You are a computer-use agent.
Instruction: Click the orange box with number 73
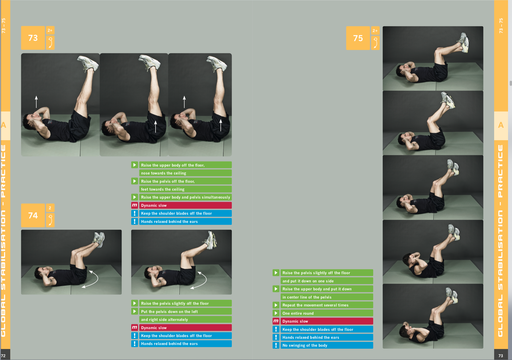click(x=33, y=38)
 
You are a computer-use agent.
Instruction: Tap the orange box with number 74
click(x=33, y=216)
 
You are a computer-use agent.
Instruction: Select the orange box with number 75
click(x=358, y=38)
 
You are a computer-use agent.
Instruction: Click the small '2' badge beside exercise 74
click(x=50, y=208)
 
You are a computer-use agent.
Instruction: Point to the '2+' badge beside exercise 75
click(x=375, y=31)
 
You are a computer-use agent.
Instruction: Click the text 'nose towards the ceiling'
click(x=163, y=173)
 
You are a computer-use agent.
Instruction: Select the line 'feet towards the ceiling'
click(x=163, y=189)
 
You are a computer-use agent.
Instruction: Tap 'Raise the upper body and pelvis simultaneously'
click(x=186, y=197)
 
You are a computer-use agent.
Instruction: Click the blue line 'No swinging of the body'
click(x=305, y=345)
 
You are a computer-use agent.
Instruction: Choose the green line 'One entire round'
click(x=298, y=313)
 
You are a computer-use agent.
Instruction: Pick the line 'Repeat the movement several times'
click(x=315, y=305)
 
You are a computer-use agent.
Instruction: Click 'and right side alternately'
click(x=164, y=319)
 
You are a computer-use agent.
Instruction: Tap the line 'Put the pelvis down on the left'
click(x=169, y=312)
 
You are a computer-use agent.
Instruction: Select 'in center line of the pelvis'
click(x=307, y=297)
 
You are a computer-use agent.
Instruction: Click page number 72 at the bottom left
click(x=3, y=356)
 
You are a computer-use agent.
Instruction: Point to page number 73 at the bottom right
click(x=501, y=356)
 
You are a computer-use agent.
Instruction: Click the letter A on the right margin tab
click(x=501, y=125)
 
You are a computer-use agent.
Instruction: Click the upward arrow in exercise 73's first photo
click(x=36, y=102)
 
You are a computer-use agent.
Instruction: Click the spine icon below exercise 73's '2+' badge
click(x=50, y=42)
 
